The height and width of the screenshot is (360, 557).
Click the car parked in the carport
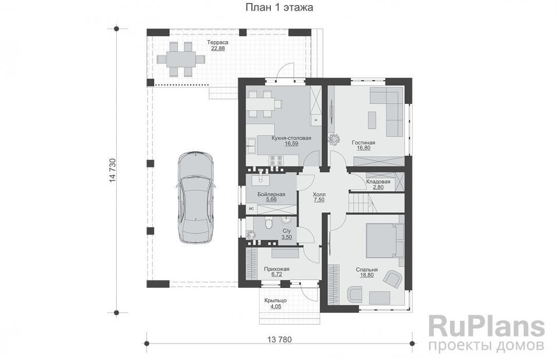point(195,197)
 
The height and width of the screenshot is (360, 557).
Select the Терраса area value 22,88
point(218,49)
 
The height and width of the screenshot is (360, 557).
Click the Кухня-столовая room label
point(291,138)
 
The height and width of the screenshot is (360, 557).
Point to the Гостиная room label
point(363,142)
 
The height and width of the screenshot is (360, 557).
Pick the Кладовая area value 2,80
point(378,187)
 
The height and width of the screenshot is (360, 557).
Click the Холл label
point(319,194)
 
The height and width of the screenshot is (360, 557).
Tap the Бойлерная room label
point(271,194)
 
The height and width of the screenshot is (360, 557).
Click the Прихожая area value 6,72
point(276,274)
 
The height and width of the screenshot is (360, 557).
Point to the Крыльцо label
point(275,300)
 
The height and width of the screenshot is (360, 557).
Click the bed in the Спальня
point(383,240)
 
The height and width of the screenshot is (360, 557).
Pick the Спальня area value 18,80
point(366,275)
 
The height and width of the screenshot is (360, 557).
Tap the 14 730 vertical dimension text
point(113,170)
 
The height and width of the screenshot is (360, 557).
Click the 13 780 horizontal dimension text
point(279,340)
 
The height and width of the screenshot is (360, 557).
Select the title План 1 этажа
point(279,8)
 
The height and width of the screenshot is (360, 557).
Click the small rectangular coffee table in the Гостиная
point(372,120)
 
